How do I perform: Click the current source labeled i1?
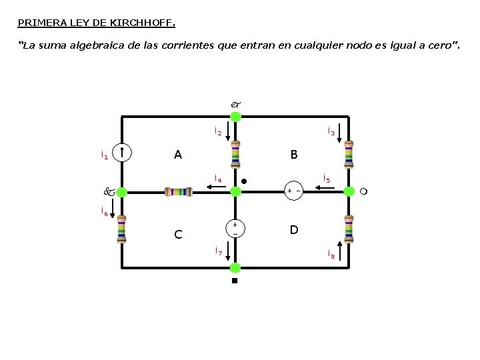[122, 153]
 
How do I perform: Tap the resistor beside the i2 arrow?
[235, 154]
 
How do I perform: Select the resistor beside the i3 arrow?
[349, 154]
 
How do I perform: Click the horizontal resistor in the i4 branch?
[179, 192]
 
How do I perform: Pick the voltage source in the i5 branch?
[294, 191]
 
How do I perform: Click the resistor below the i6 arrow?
[122, 229]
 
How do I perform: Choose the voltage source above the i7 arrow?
[235, 229]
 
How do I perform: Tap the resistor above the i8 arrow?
[349, 229]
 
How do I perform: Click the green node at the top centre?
[235, 117]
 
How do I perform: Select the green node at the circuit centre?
[235, 192]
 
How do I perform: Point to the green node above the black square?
[235, 268]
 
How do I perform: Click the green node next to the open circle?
[349, 191]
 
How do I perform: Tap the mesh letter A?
[178, 155]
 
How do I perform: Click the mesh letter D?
[294, 229]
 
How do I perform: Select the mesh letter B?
[294, 154]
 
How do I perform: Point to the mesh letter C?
[178, 235]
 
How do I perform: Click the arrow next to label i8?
[339, 251]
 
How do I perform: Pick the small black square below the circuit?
[235, 281]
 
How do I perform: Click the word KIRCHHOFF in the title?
[143, 23]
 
